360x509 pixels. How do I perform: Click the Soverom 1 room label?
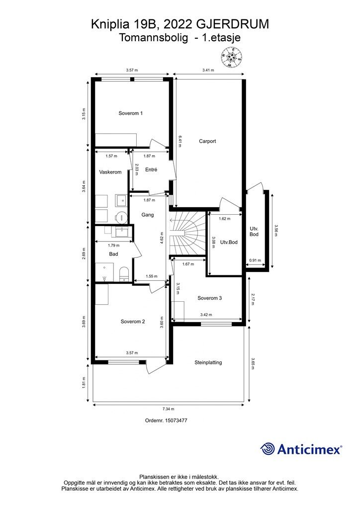(x=130, y=113)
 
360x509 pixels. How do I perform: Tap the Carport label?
(x=207, y=141)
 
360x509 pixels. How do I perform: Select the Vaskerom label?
(x=110, y=172)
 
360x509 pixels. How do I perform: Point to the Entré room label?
(x=151, y=170)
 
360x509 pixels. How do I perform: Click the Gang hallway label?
(x=148, y=215)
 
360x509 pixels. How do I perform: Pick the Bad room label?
(x=113, y=254)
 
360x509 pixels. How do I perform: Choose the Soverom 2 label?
(x=133, y=322)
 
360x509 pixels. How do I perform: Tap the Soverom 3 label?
(x=210, y=298)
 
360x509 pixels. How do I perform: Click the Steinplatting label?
(x=208, y=362)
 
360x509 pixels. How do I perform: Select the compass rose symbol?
(x=231, y=58)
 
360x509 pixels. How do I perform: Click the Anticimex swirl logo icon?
(x=267, y=449)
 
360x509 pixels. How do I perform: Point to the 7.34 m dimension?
(x=169, y=409)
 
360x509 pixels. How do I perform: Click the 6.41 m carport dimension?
(x=179, y=141)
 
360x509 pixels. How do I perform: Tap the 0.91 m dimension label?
(x=255, y=260)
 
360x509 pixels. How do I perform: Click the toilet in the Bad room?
(x=124, y=274)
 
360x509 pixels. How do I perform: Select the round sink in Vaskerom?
(x=121, y=216)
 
